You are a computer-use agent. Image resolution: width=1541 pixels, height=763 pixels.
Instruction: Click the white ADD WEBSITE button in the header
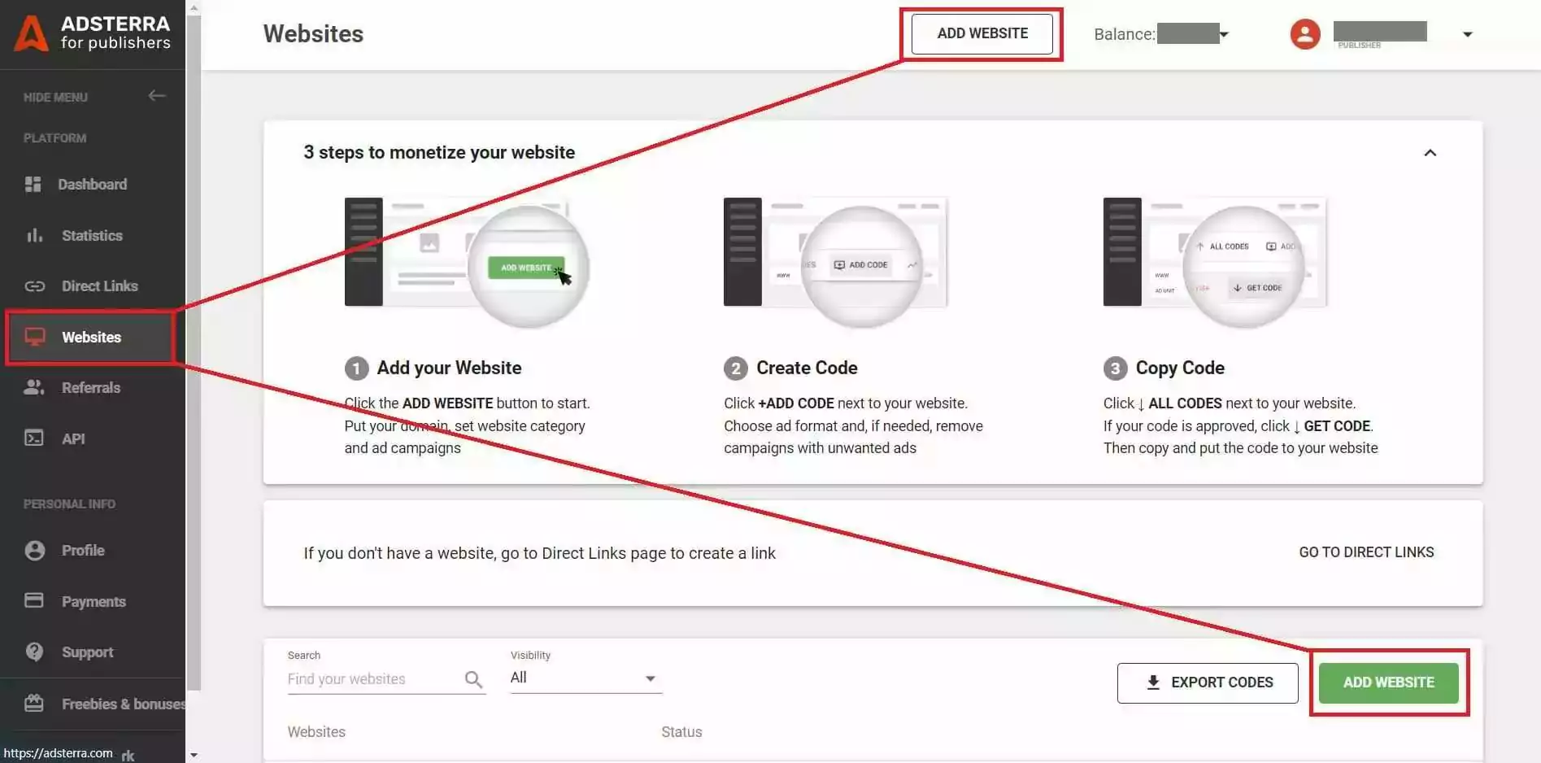click(982, 33)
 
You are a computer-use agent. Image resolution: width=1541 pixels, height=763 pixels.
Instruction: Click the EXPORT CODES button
click(1208, 682)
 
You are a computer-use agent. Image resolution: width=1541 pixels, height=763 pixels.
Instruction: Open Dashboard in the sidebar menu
click(92, 185)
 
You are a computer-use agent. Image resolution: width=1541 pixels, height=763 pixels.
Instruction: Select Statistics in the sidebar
click(92, 236)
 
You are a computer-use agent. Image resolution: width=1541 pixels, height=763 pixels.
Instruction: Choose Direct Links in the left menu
click(99, 286)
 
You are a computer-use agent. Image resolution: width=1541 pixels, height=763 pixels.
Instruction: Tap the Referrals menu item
click(90, 388)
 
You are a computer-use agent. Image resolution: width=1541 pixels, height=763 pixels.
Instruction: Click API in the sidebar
click(73, 439)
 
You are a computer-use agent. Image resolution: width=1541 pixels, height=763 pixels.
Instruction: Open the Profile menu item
click(83, 551)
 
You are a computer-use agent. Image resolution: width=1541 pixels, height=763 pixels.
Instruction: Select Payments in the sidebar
click(94, 602)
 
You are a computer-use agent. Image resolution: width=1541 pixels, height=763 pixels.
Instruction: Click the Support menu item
click(87, 652)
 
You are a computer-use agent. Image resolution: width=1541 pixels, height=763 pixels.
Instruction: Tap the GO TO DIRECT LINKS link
click(1366, 552)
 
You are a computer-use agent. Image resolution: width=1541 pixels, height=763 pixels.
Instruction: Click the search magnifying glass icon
click(473, 679)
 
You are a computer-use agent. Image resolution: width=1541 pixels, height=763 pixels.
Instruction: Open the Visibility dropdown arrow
click(650, 678)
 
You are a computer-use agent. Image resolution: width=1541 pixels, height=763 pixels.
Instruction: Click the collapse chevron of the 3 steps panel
click(1430, 153)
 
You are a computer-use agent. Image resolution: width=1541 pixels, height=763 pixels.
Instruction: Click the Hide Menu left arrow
click(157, 96)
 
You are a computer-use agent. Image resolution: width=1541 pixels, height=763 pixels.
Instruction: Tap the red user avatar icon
click(1304, 34)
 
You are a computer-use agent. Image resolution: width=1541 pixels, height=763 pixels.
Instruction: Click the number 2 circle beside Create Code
click(735, 368)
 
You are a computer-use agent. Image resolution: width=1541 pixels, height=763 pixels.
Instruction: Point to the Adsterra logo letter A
click(31, 34)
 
